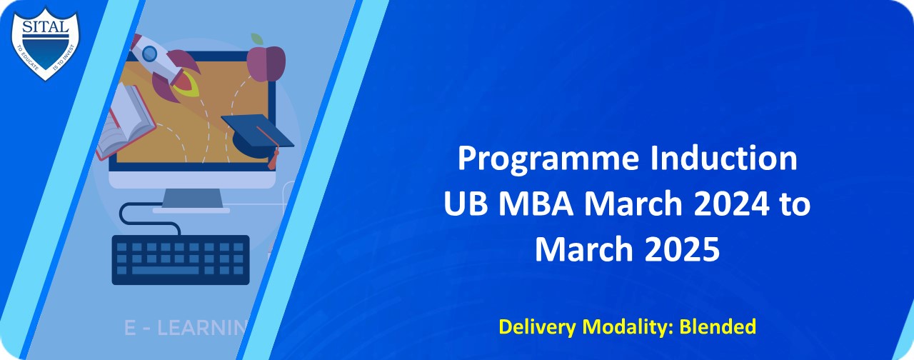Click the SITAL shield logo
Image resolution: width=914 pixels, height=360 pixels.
[45, 41]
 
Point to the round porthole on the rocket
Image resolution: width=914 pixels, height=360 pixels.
[149, 53]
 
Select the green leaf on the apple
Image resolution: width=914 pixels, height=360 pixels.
[258, 39]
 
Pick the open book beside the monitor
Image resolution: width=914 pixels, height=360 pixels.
[124, 121]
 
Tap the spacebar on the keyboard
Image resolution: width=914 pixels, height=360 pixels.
[165, 271]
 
